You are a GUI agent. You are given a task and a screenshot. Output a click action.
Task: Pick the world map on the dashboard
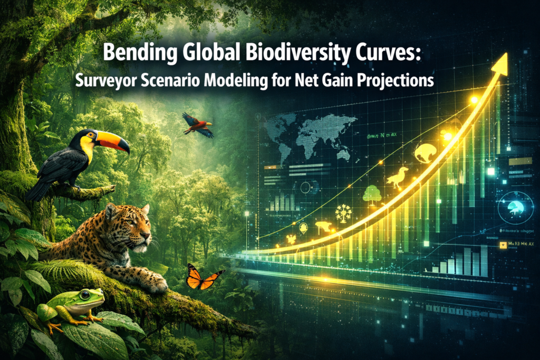[308, 135]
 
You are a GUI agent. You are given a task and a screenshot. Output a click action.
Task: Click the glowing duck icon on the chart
[397, 178]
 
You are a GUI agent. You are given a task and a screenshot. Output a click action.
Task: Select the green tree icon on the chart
[372, 194]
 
